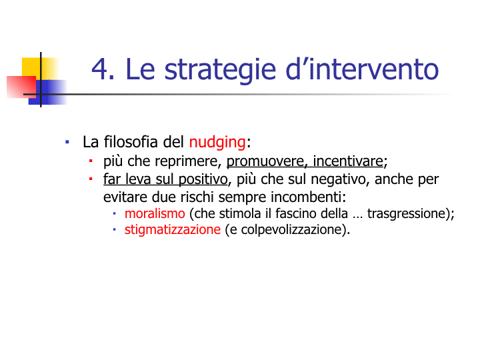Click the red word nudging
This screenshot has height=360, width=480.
[x=217, y=143]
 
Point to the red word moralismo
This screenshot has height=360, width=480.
[x=155, y=213]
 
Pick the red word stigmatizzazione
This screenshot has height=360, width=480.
[x=173, y=229]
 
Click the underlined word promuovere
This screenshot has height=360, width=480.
[x=265, y=161]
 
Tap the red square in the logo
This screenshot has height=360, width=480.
[x=21, y=87]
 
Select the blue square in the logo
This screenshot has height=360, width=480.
[x=48, y=92]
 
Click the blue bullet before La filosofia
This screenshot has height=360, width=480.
[x=67, y=142]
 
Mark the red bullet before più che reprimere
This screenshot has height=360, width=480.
[x=91, y=161]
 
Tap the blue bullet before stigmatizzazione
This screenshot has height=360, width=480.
[x=114, y=229]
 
